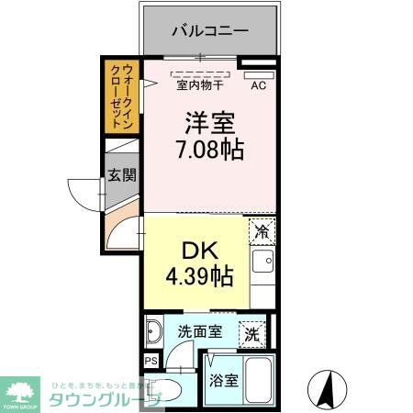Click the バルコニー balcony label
[210, 30]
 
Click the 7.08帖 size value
[210, 150]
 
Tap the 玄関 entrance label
[119, 175]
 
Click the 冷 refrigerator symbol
[262, 231]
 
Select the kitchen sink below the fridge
[262, 266]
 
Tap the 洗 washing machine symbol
[251, 335]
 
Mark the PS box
[150, 361]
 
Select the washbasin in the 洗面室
[153, 331]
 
